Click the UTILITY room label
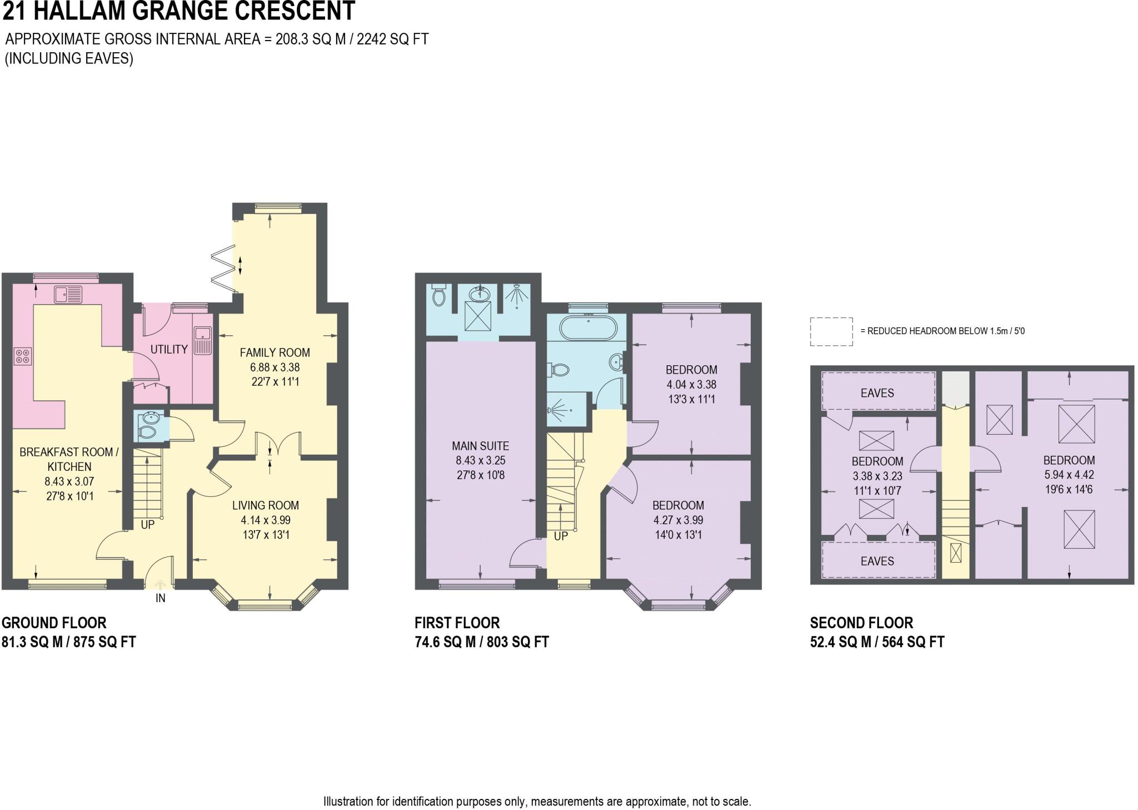(169, 349)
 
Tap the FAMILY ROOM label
(275, 352)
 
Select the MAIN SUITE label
(480, 446)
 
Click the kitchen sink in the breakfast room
(68, 294)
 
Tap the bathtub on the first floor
(588, 329)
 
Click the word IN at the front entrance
(161, 598)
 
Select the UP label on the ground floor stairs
(147, 524)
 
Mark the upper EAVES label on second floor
(877, 393)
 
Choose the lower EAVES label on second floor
(877, 561)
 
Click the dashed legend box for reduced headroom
(831, 332)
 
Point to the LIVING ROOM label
(266, 505)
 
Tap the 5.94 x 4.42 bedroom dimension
(1069, 475)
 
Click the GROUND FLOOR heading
(54, 623)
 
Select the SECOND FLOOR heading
(862, 623)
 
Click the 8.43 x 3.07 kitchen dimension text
(69, 481)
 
